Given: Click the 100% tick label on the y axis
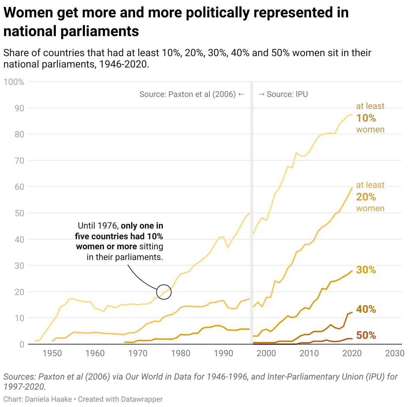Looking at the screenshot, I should pos(14,82).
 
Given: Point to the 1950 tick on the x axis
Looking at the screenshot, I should pos(52,353).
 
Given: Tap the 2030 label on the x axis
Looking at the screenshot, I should pos(395,353).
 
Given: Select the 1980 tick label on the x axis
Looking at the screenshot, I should pos(181,353).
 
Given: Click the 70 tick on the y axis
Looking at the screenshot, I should pos(19,161).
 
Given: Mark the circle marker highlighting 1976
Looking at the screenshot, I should pos(164,292).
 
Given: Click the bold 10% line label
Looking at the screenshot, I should pos(366,118).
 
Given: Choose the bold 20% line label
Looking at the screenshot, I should pos(366,197).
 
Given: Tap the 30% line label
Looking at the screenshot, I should pos(366,270).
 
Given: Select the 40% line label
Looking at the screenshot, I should pos(366,309).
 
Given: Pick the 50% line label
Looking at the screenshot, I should pos(366,335).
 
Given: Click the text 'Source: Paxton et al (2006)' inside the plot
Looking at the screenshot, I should pos(188,94).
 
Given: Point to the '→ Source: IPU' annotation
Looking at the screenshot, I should pos(283,94).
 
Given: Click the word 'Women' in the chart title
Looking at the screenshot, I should pos(28,13).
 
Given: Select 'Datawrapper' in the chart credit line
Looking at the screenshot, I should pos(142,399).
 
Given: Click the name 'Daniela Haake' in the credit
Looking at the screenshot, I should pos(48,399).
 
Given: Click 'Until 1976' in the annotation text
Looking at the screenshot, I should pos(97,226).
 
